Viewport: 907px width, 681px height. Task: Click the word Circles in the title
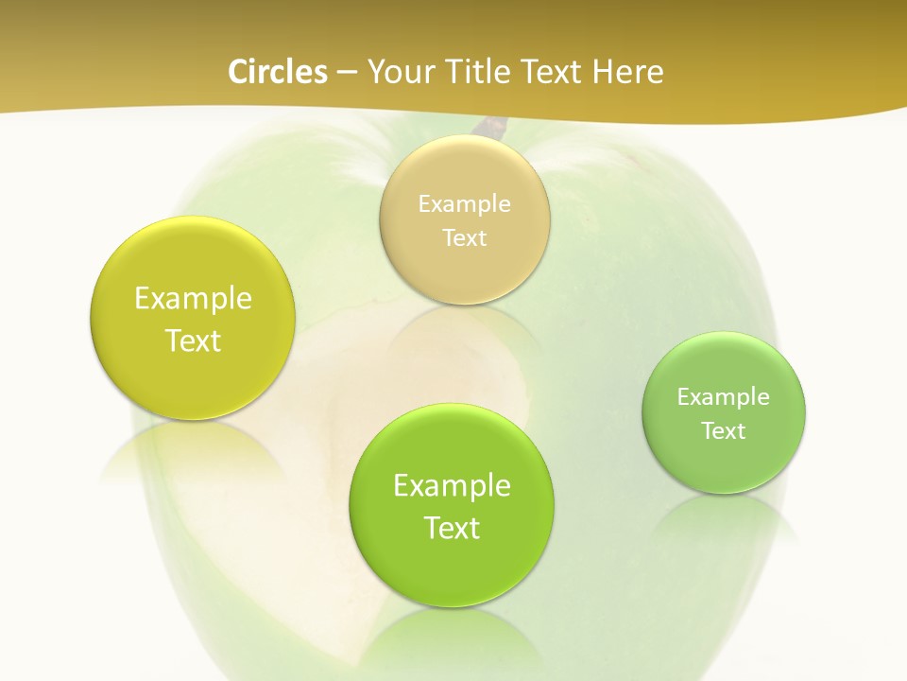tap(277, 72)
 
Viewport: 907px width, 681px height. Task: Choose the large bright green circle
tap(452, 567)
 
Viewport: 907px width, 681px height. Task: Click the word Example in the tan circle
tap(464, 203)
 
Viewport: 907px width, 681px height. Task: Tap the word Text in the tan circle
tap(464, 237)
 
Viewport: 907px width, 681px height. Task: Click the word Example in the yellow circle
tap(193, 298)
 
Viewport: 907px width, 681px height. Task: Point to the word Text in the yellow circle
tap(193, 340)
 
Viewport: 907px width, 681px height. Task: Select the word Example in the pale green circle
tap(723, 396)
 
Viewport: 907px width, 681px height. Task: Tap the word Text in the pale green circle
tap(724, 430)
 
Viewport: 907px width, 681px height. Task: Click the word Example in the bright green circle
tap(452, 485)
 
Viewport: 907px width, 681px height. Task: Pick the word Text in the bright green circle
tap(452, 528)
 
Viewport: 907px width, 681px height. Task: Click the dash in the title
tap(347, 73)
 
